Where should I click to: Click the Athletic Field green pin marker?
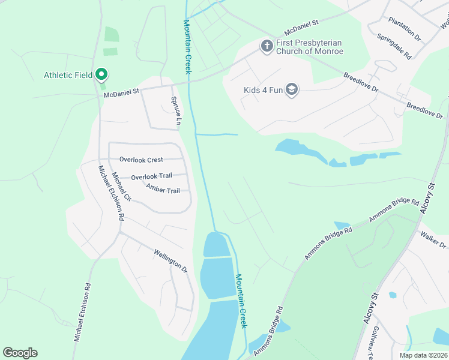click(x=101, y=74)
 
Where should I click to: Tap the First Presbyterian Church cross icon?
click(x=267, y=46)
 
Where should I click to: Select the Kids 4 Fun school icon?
click(x=292, y=91)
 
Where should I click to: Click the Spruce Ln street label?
click(x=176, y=111)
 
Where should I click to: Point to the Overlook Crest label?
click(x=141, y=160)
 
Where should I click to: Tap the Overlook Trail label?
click(x=151, y=176)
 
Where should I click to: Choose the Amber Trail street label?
click(x=163, y=191)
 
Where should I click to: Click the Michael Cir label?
click(x=122, y=187)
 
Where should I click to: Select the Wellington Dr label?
click(x=171, y=261)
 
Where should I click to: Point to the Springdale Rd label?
click(x=394, y=46)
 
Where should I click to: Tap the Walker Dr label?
click(x=433, y=240)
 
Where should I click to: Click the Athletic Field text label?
click(x=68, y=75)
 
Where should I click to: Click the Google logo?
click(x=20, y=353)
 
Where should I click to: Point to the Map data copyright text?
click(x=423, y=355)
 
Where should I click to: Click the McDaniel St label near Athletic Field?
click(x=121, y=92)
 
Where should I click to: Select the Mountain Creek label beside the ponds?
click(x=241, y=301)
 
